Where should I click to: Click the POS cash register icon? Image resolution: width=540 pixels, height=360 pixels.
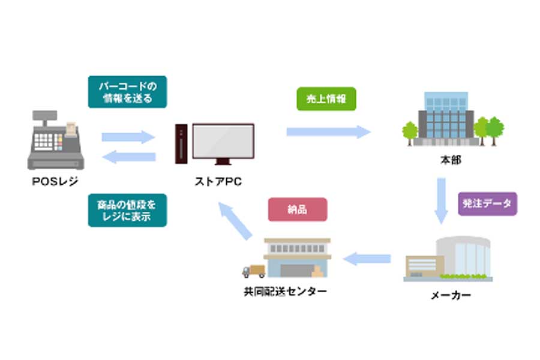tap(55, 140)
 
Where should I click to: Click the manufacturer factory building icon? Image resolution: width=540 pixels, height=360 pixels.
tap(449, 259)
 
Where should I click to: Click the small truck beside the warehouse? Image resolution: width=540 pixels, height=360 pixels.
tap(253, 271)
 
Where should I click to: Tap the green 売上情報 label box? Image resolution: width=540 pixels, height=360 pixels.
tap(326, 99)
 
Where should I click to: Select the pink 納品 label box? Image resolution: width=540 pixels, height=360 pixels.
tap(298, 209)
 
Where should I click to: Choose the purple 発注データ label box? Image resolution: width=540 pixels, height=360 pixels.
tap(487, 203)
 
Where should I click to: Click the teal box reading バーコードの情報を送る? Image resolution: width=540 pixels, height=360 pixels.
tap(127, 91)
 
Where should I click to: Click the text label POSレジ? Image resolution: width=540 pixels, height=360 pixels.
tap(55, 182)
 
